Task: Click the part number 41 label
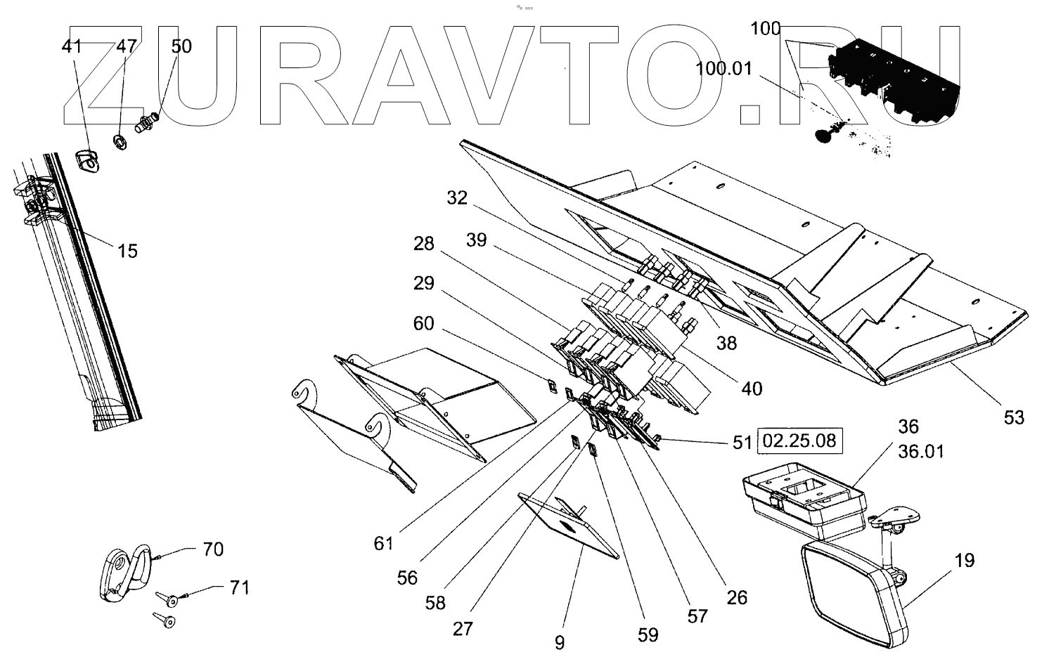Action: click(x=72, y=47)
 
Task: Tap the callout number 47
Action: click(x=126, y=47)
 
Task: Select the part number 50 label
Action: click(x=181, y=46)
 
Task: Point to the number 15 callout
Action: click(x=127, y=251)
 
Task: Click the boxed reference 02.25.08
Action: click(x=799, y=441)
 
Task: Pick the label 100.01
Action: click(x=723, y=69)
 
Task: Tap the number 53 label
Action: click(x=1014, y=417)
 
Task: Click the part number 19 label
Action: click(x=965, y=561)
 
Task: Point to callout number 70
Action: click(x=213, y=549)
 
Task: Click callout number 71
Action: click(x=240, y=587)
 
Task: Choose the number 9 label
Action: click(x=560, y=643)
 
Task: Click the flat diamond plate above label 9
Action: click(x=568, y=526)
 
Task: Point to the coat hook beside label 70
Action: click(x=123, y=573)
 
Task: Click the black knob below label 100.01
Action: click(x=824, y=135)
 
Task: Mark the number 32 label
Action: click(x=457, y=198)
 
